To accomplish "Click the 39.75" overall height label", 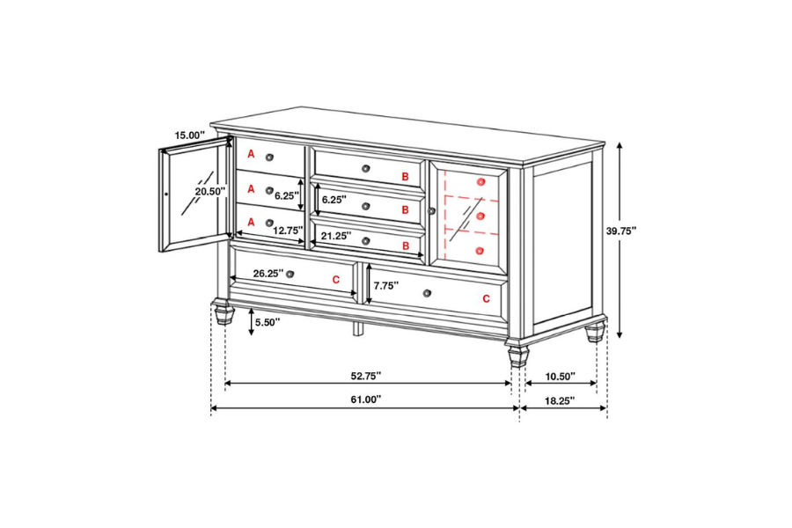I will [621, 231].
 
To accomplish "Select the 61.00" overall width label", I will [365, 399].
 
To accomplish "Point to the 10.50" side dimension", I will [560, 376].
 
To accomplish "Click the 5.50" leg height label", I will [267, 322].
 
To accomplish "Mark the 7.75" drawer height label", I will [385, 285].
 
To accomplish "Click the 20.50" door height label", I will [209, 191].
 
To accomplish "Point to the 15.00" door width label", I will [189, 135].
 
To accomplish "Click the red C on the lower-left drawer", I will [335, 279].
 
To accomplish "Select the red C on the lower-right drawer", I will [486, 299].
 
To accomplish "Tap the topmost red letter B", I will [405, 177].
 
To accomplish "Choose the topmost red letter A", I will [251, 155].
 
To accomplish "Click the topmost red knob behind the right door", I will [480, 181].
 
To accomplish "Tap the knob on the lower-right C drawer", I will [427, 293].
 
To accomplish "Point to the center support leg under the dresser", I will [358, 328].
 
